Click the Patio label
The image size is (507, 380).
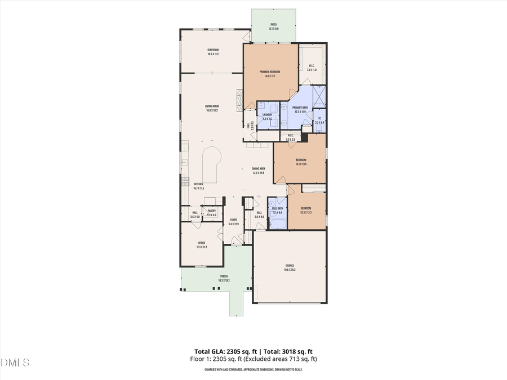(273, 24)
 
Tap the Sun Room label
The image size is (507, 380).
(212, 50)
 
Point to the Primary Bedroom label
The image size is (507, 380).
(270, 72)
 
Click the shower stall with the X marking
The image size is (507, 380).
(319, 96)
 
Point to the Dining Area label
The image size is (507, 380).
(259, 168)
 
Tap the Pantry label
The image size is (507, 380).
(212, 211)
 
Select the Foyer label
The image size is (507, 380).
(233, 220)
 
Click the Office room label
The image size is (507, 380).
(201, 243)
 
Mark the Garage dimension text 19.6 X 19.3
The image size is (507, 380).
(290, 270)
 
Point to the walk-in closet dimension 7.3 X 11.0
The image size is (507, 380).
(312, 70)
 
